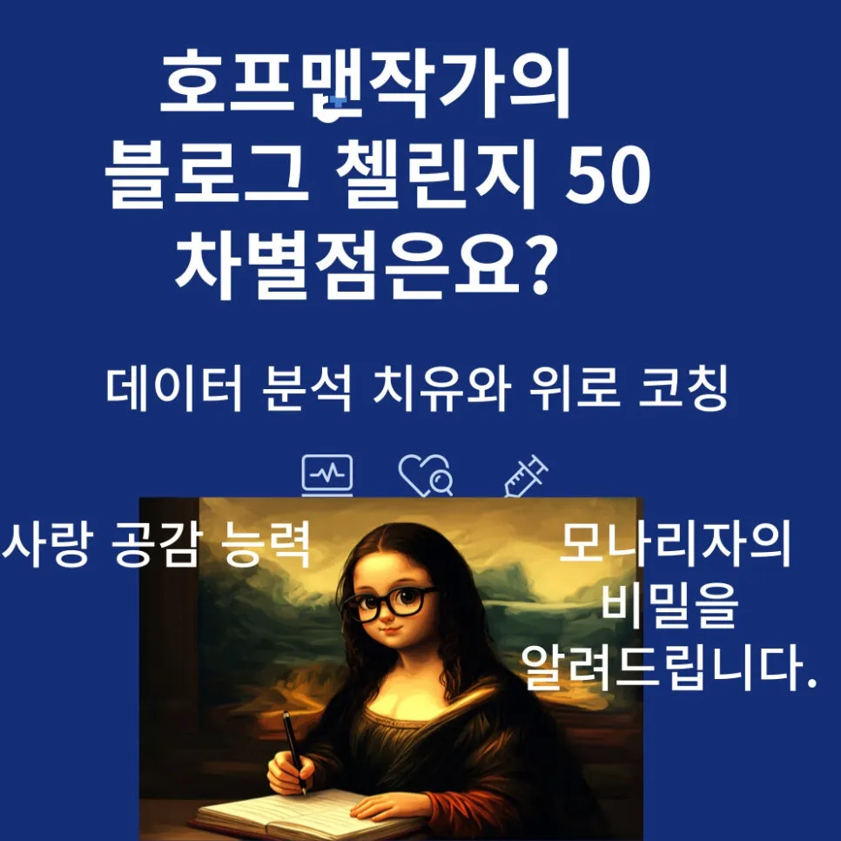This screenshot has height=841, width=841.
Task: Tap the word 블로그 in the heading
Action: pyautogui.click(x=206, y=178)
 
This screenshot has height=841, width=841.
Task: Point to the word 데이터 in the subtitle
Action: pyautogui.click(x=173, y=391)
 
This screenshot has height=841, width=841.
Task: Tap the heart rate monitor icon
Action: pyautogui.click(x=327, y=475)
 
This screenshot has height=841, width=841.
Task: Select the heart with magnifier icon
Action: pyautogui.click(x=425, y=475)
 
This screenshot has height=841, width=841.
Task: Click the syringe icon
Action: pyautogui.click(x=525, y=475)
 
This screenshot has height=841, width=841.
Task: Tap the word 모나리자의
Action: pyautogui.click(x=675, y=545)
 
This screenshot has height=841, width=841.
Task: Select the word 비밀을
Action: pyautogui.click(x=669, y=607)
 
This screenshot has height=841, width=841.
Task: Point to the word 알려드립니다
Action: pyautogui.click(x=669, y=669)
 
